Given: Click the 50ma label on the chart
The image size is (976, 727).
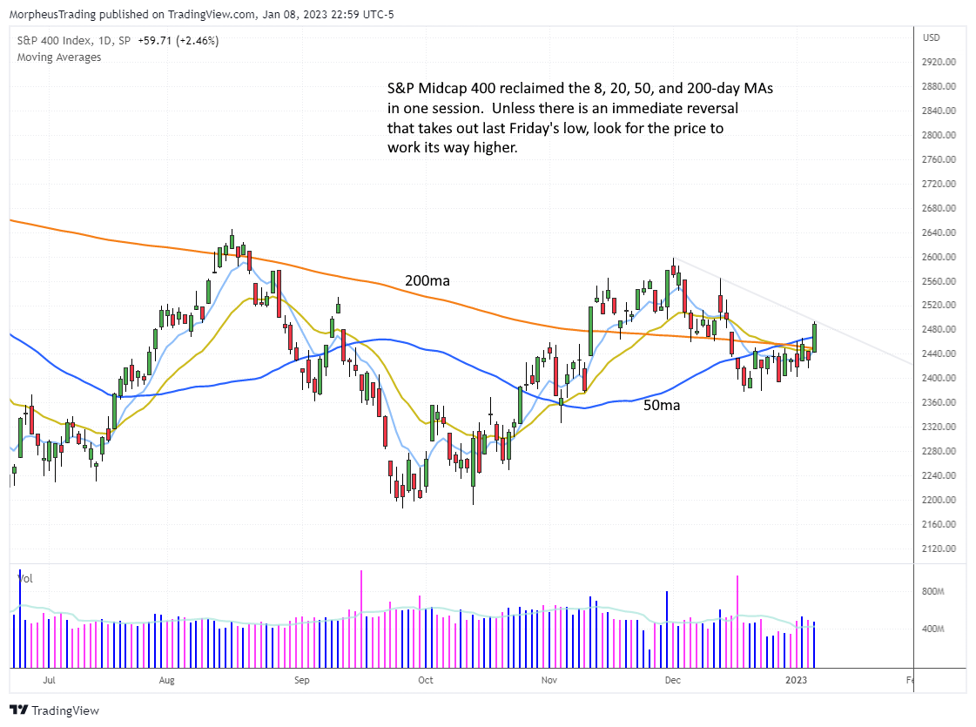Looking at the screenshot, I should (x=662, y=405).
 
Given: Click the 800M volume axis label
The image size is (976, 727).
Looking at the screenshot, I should (x=934, y=591).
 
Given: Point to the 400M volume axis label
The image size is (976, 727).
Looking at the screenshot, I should (x=934, y=629).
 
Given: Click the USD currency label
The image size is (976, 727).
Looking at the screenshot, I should (x=932, y=37).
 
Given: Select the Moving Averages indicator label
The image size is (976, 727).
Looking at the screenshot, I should (x=59, y=57).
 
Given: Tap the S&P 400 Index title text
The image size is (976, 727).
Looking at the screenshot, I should (x=53, y=40).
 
